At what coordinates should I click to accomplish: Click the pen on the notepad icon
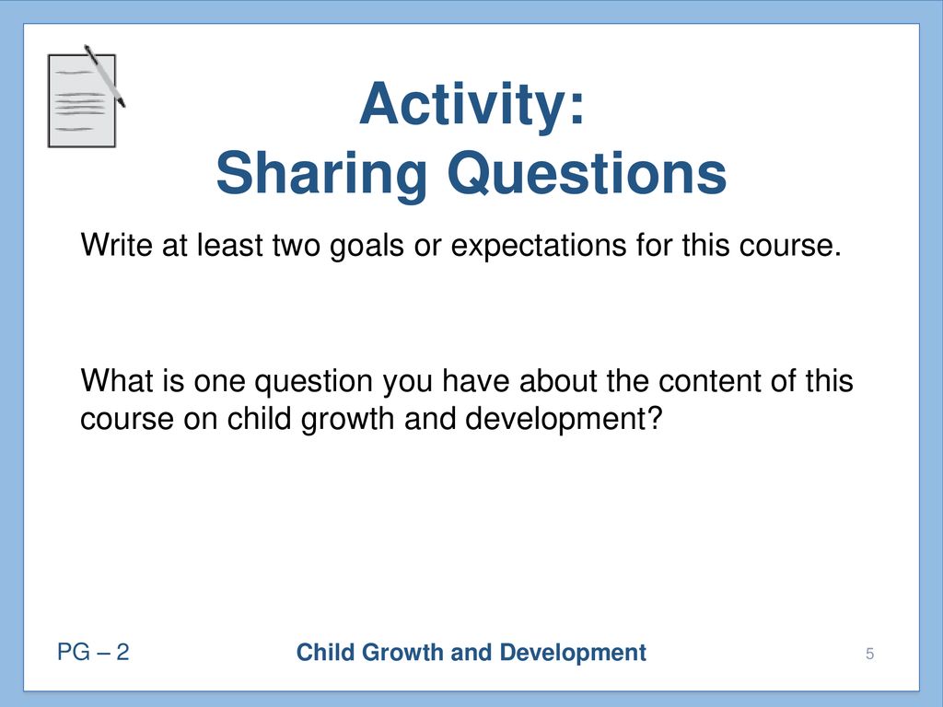click(x=105, y=75)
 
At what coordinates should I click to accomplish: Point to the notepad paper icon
click(x=82, y=101)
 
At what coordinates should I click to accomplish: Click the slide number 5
click(x=869, y=654)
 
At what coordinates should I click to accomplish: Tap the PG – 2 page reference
click(x=93, y=652)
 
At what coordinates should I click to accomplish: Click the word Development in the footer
click(x=573, y=653)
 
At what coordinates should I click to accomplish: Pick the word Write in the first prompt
click(x=117, y=245)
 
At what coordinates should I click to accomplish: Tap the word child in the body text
click(x=260, y=418)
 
